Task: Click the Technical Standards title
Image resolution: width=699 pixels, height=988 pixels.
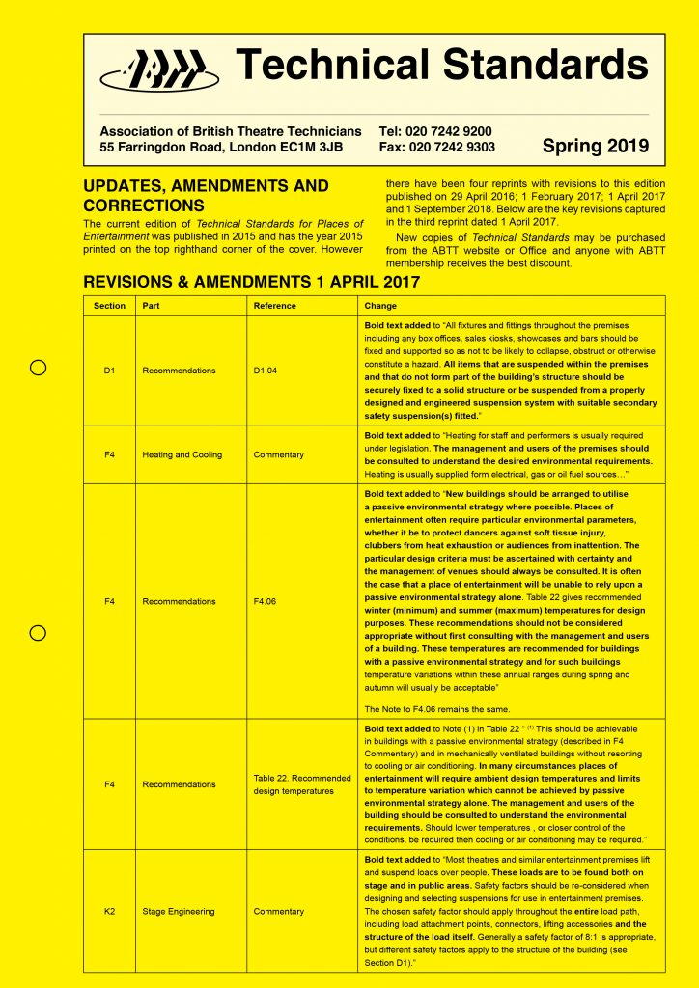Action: [x=443, y=65]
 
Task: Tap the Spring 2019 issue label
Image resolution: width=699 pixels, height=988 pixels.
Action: [x=596, y=147]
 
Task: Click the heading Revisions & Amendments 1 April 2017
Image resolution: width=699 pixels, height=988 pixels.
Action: [x=252, y=282]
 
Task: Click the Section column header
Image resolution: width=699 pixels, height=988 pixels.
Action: [x=109, y=306]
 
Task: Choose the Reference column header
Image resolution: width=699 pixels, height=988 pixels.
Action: [x=275, y=306]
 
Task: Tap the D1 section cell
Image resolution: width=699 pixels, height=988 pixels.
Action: [x=109, y=370]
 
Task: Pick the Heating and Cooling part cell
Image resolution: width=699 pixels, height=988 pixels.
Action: [x=182, y=454]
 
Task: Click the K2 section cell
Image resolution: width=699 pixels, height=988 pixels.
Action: [x=109, y=911]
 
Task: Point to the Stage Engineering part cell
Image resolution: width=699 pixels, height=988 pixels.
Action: [x=179, y=911]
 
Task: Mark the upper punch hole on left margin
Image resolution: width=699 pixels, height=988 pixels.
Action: [x=38, y=368]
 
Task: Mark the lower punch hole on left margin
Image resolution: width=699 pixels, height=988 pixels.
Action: [x=38, y=633]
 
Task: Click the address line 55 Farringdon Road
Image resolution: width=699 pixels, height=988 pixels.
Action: [x=221, y=148]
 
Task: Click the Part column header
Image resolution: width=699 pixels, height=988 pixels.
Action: [x=152, y=306]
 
